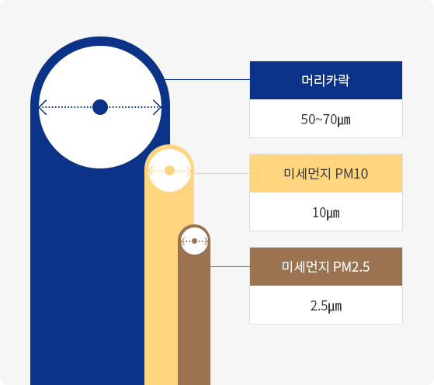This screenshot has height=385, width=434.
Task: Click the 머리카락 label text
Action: point(325,80)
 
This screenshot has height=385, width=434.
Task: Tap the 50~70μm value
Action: point(326,120)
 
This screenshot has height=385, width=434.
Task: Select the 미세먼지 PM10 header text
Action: point(326,174)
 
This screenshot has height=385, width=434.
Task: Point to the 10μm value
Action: point(326,213)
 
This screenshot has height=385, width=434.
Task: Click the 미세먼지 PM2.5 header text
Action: point(326,267)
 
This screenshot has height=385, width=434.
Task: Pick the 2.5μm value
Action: point(326,306)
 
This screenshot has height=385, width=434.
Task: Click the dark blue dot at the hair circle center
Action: point(100,107)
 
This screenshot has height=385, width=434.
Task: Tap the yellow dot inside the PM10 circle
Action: point(169,171)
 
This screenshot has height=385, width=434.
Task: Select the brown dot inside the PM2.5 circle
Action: point(194,241)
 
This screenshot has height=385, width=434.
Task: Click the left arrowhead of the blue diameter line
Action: point(43,107)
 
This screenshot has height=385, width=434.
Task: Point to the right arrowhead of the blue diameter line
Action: point(158,107)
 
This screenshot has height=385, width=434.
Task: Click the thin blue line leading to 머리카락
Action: point(207,80)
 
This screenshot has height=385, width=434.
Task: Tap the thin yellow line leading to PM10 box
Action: point(222,174)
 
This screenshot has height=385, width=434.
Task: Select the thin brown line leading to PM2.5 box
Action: point(230,266)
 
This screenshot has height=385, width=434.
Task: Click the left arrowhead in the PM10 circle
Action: point(151,171)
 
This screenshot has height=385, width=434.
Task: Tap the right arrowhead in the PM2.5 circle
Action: point(207,241)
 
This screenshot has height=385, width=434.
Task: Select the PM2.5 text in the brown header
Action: point(352,267)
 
